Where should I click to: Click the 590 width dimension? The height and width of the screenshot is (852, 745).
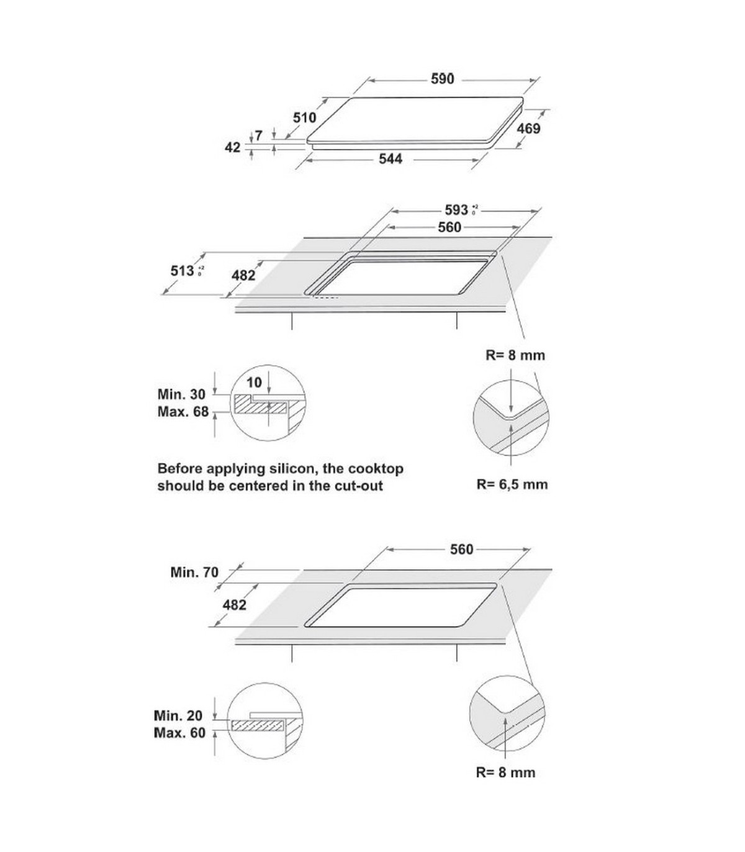pyautogui.click(x=442, y=79)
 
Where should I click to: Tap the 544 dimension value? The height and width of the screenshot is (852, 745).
pyautogui.click(x=391, y=159)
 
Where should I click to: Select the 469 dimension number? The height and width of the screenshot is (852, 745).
pyautogui.click(x=528, y=129)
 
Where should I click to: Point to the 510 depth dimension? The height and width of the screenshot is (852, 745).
pyautogui.click(x=304, y=117)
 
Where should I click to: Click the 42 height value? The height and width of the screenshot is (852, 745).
pyautogui.click(x=232, y=148)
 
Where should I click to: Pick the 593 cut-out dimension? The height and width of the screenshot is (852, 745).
pyautogui.click(x=457, y=210)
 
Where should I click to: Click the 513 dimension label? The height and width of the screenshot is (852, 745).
pyautogui.click(x=183, y=271)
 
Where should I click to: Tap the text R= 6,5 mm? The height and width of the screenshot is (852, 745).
pyautogui.click(x=512, y=484)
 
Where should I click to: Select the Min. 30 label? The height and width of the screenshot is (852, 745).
pyautogui.click(x=181, y=394)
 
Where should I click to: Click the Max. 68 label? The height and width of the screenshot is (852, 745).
pyautogui.click(x=183, y=412)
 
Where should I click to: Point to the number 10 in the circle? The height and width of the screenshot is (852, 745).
pyautogui.click(x=254, y=383)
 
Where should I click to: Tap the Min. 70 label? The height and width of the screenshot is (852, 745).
pyautogui.click(x=194, y=572)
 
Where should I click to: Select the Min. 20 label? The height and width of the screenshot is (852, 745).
pyautogui.click(x=178, y=715)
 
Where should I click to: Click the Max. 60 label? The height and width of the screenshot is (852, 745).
pyautogui.click(x=179, y=733)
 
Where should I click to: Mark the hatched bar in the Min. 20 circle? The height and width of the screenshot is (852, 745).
pyautogui.click(x=255, y=725)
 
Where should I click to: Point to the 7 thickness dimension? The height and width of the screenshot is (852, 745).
pyautogui.click(x=259, y=135)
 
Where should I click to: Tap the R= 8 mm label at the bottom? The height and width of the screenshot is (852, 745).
pyautogui.click(x=505, y=773)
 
